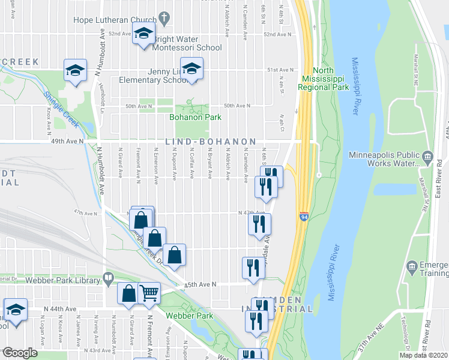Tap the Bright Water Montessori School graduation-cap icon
[143, 34]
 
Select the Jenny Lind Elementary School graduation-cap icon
[191, 69]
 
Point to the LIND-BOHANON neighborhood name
[206, 142]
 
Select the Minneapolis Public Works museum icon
[427, 157]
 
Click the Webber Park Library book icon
[108, 278]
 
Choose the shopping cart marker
[149, 293]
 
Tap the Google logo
[20, 352]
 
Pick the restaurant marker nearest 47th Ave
[260, 224]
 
